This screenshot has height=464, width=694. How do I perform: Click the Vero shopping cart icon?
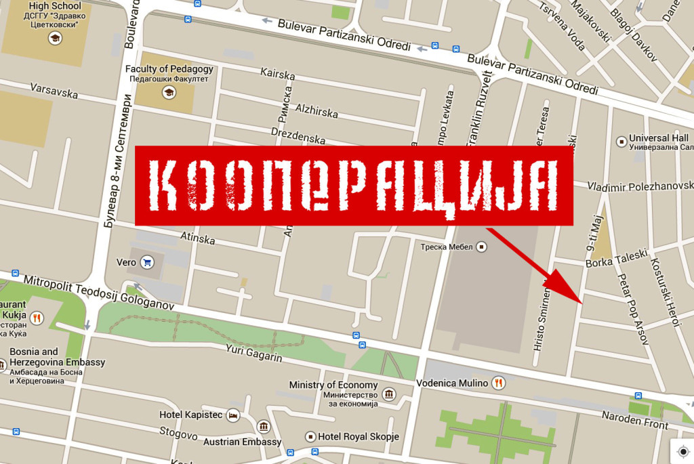coord(146,262)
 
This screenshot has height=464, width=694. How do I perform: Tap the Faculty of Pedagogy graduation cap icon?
coord(169,92)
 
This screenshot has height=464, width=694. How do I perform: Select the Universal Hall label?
coord(658,138)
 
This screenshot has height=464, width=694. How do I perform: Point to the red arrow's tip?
coord(582,303)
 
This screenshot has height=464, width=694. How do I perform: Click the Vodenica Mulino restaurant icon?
coord(499,383)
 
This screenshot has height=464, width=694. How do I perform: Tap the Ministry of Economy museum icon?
coord(389,394)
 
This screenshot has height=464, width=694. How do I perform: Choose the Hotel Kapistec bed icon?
coord(233,415)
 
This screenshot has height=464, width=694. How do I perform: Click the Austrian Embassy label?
coord(242,442)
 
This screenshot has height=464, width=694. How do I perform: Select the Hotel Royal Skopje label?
coord(359,436)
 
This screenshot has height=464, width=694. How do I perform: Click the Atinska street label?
coord(198,238)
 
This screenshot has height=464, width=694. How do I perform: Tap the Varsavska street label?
coord(54,91)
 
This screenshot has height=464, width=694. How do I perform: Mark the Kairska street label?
coord(278,72)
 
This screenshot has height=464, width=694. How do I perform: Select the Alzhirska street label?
coord(317,110)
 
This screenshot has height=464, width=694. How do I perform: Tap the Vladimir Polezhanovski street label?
coord(640,186)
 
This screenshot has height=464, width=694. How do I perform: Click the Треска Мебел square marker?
coord(482,247)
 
